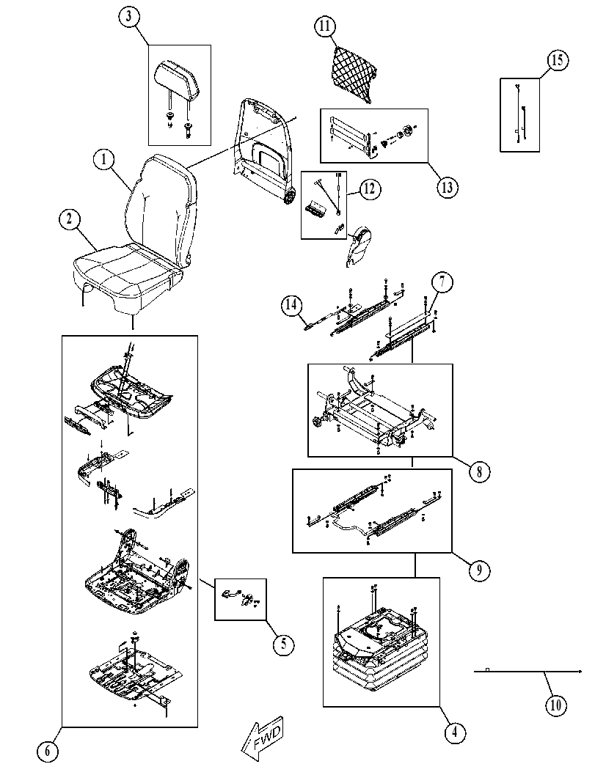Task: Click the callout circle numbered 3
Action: click(x=128, y=16)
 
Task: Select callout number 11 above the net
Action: click(x=324, y=26)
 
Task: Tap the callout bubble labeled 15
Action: click(x=557, y=60)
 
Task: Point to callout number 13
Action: click(x=447, y=187)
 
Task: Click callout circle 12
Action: click(x=370, y=189)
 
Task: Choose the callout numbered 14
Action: click(x=292, y=304)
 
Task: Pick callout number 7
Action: click(x=442, y=282)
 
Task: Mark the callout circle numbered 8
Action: click(x=479, y=471)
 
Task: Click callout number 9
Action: click(x=479, y=571)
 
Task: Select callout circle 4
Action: click(x=455, y=732)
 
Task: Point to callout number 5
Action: click(x=283, y=644)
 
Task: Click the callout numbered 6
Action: click(x=48, y=752)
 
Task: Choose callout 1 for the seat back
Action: click(x=104, y=160)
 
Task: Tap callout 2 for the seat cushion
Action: click(x=69, y=219)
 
